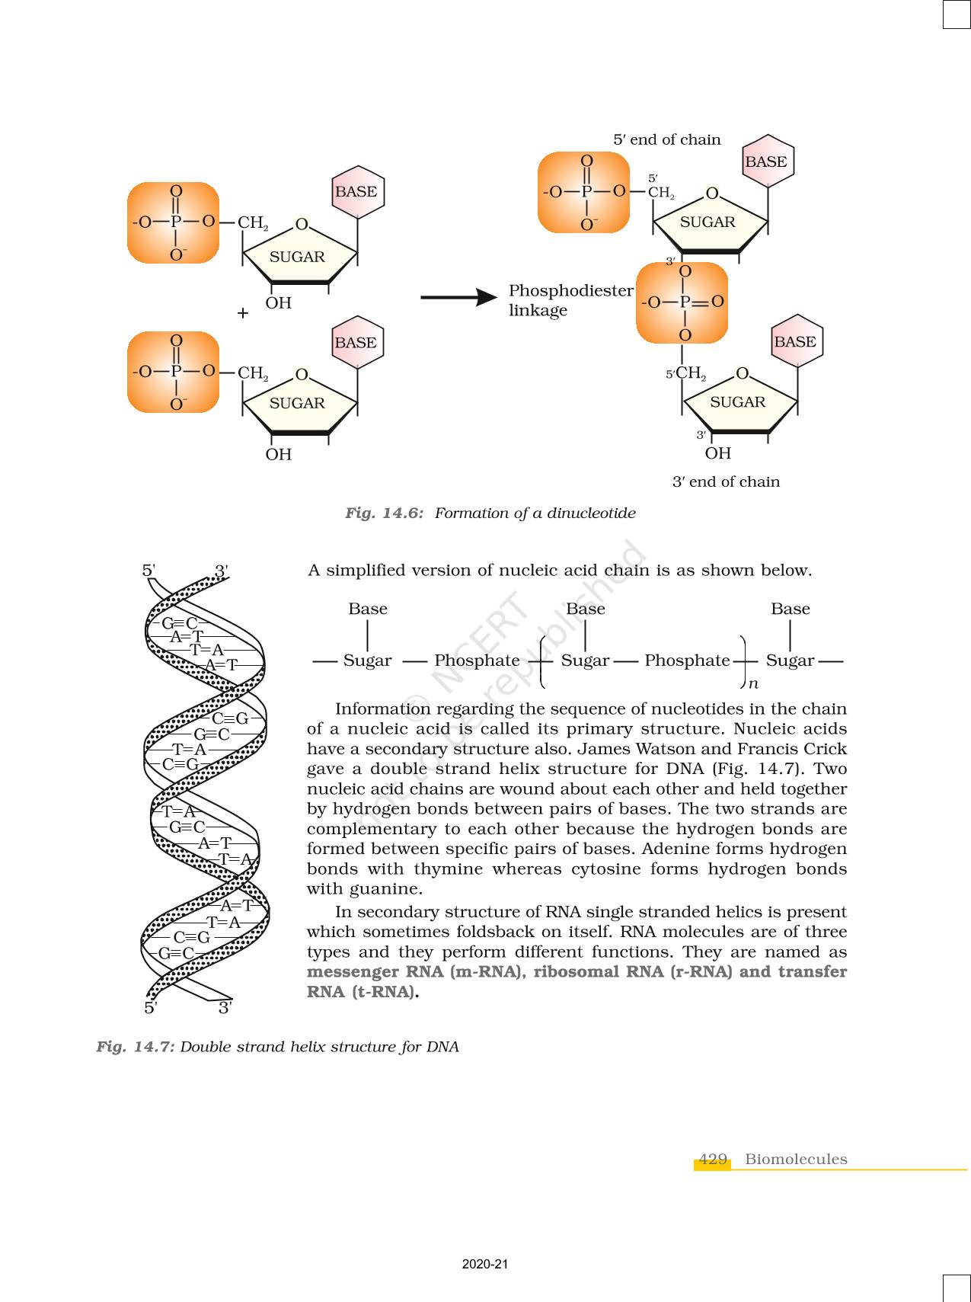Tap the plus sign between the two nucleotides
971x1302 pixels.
pyautogui.click(x=243, y=312)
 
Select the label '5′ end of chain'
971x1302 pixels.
pyautogui.click(x=666, y=139)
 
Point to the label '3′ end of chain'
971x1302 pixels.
pyautogui.click(x=726, y=481)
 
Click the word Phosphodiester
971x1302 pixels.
pyautogui.click(x=570, y=290)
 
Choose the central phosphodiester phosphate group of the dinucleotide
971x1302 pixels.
pyautogui.click(x=682, y=302)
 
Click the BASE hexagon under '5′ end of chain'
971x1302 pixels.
pyautogui.click(x=767, y=162)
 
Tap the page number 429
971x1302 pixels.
pyautogui.click(x=712, y=1159)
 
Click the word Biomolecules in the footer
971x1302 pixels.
pyautogui.click(x=796, y=1159)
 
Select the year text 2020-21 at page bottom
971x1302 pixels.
pyautogui.click(x=485, y=1265)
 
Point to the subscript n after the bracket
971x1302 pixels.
pyautogui.click(x=753, y=684)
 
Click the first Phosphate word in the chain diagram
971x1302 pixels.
pyautogui.click(x=477, y=661)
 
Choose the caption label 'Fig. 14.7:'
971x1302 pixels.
pyautogui.click(x=136, y=1046)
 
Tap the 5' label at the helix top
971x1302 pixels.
pyautogui.click(x=149, y=570)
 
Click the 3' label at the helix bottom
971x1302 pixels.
pyautogui.click(x=225, y=1007)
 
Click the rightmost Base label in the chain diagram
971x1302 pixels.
pyautogui.click(x=790, y=609)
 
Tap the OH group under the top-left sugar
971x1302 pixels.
pyautogui.click(x=279, y=303)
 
